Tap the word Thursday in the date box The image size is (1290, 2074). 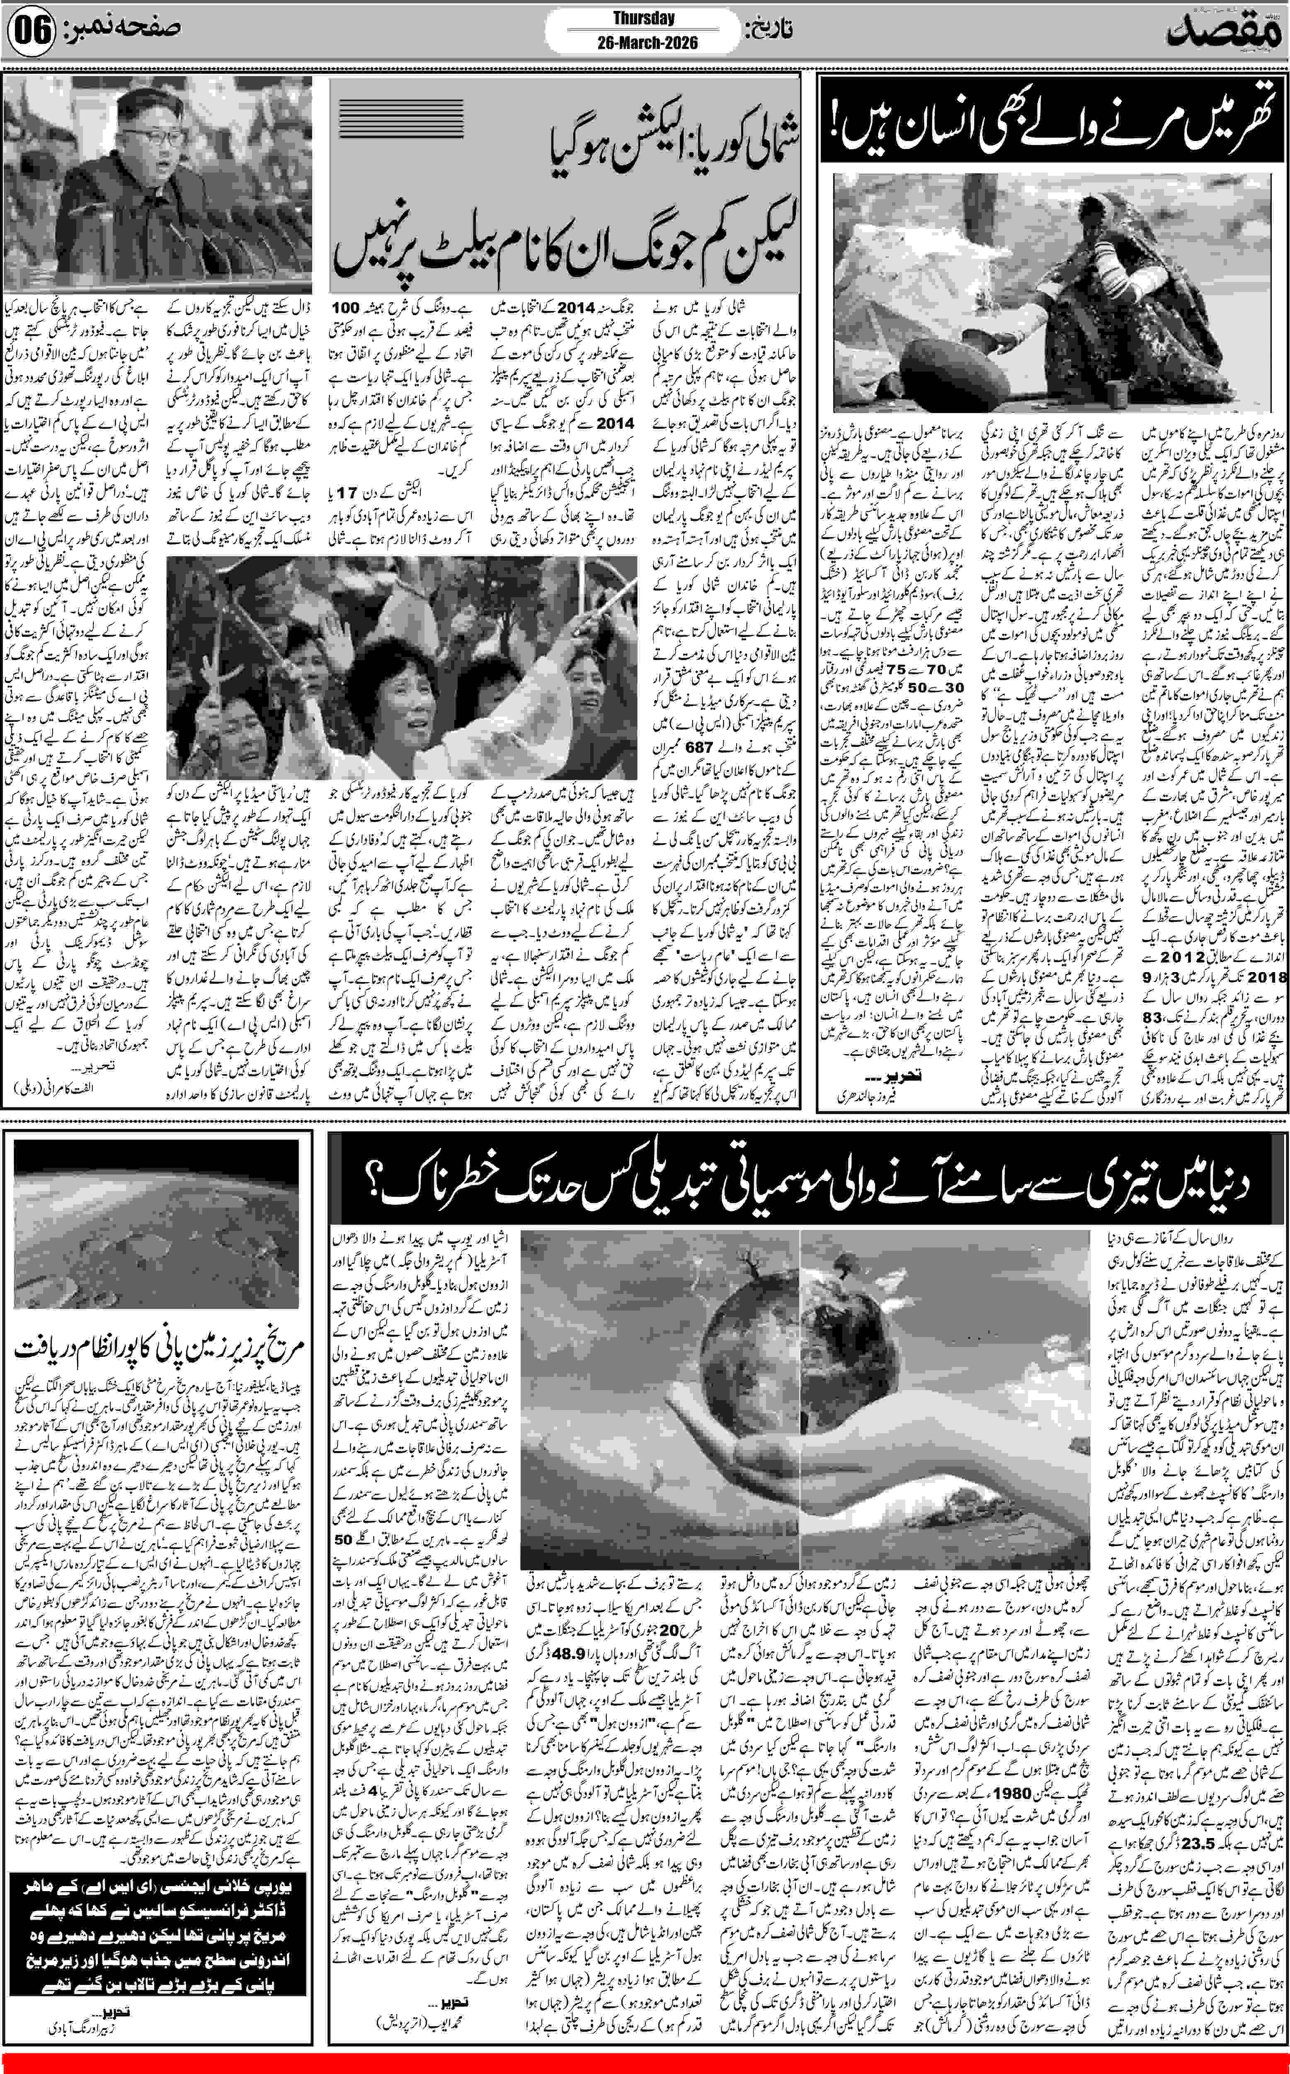(x=643, y=18)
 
